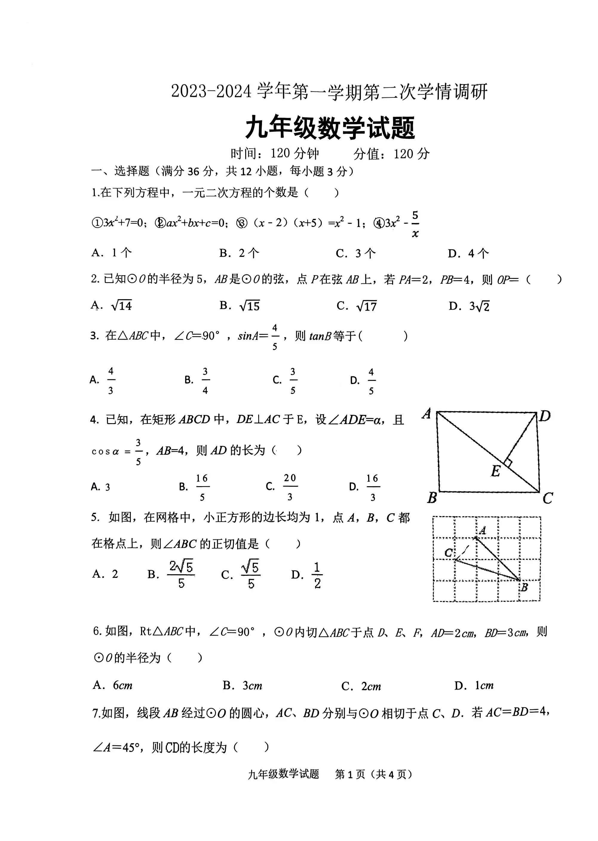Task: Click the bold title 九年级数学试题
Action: point(330,128)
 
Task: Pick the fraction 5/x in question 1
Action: point(415,224)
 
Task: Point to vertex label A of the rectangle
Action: point(427,414)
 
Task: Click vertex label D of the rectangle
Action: point(545,416)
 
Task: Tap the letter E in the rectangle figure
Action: point(496,471)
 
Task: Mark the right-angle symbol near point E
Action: point(508,462)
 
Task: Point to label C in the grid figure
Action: point(448,553)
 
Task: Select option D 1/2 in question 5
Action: point(307,575)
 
